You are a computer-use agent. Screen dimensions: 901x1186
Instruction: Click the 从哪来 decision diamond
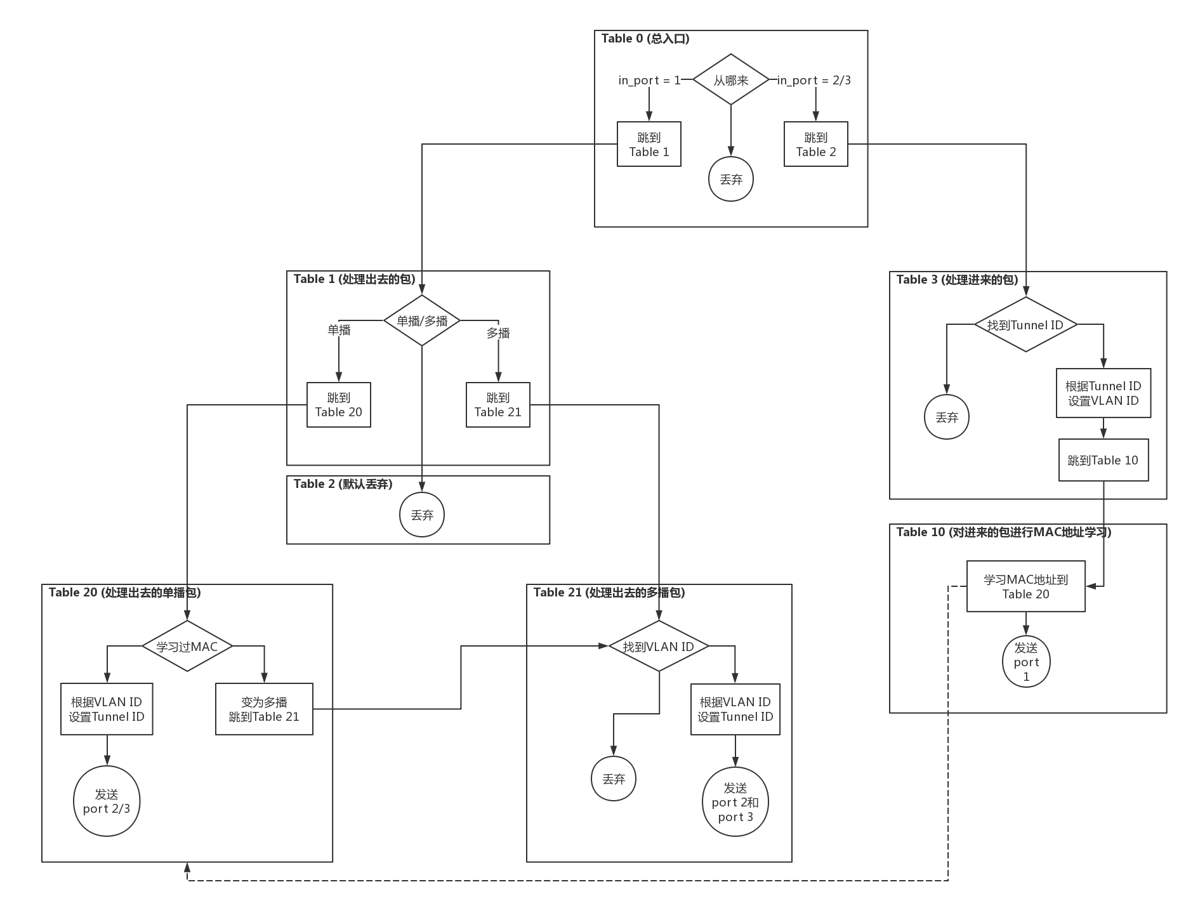pos(730,80)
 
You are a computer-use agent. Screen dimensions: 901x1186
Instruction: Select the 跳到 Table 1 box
pos(649,145)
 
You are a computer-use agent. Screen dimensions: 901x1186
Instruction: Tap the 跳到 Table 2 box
pos(815,145)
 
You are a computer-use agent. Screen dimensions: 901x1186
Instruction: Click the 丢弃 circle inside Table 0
pos(730,180)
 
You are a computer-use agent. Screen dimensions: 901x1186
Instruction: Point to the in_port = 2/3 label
pos(814,81)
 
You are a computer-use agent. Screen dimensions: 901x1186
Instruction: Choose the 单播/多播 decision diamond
pos(422,320)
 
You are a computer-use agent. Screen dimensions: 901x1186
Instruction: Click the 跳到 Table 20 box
pos(338,405)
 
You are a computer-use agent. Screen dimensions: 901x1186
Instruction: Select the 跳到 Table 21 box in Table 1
pos(497,405)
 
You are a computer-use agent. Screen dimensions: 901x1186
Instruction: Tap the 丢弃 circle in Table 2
pos(422,515)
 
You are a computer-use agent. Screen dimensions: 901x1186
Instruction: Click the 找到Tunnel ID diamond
pos(1025,325)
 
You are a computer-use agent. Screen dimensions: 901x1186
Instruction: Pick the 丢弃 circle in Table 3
pos(946,418)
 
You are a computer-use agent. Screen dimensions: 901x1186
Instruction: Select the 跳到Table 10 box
pos(1103,460)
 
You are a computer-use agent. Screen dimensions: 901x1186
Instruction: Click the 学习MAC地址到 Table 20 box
pos(1025,586)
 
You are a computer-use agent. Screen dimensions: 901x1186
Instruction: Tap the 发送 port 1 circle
pos(1025,662)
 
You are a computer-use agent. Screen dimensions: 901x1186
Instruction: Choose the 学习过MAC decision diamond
pos(187,647)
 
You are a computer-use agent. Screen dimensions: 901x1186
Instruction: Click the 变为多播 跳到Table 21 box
pos(264,709)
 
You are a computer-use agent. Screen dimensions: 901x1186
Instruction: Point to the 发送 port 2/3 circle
pos(107,801)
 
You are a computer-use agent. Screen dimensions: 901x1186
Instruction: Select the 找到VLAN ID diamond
pos(659,647)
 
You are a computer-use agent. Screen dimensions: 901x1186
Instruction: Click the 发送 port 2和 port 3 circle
pos(735,803)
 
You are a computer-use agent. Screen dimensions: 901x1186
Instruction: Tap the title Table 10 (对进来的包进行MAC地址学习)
pos(1003,532)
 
